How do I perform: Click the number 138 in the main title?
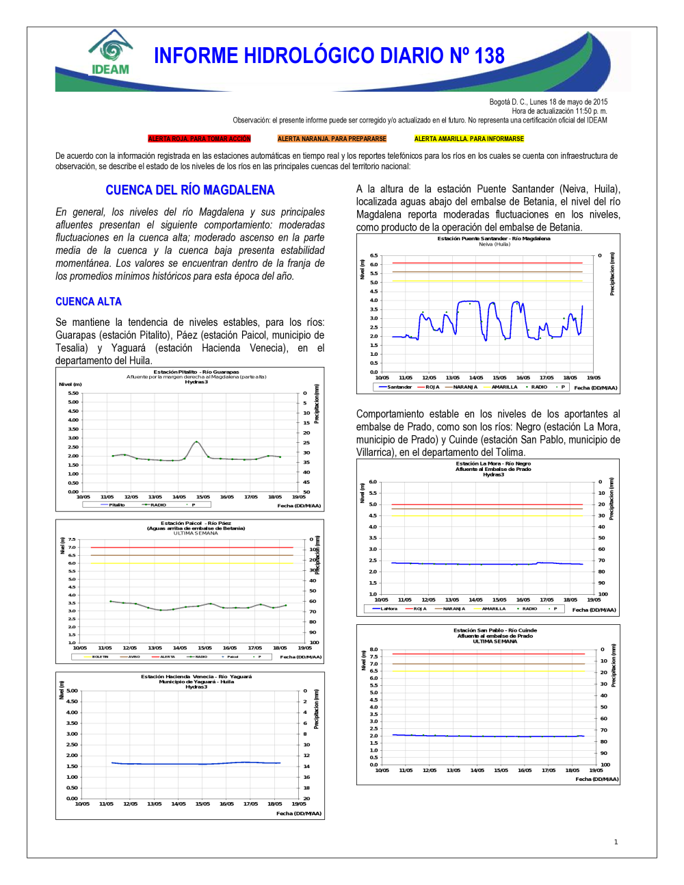[x=489, y=56]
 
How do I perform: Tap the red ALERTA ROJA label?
[x=199, y=139]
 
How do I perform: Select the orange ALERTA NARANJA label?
[x=332, y=139]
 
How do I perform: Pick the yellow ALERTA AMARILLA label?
[x=469, y=139]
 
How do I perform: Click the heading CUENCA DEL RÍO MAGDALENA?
[x=189, y=190]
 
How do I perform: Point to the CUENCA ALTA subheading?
[x=88, y=302]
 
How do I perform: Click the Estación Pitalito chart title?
[x=196, y=372]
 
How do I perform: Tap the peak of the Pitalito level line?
[x=196, y=442]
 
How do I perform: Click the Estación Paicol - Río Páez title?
[x=196, y=524]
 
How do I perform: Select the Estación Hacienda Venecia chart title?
[x=196, y=677]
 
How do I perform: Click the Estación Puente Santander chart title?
[x=493, y=239]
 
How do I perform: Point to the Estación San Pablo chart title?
[x=495, y=630]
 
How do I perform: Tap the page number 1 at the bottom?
[x=616, y=842]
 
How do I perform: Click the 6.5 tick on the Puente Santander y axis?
[x=373, y=255]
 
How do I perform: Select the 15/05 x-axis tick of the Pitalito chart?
[x=203, y=497]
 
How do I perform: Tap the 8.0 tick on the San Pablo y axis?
[x=373, y=650]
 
